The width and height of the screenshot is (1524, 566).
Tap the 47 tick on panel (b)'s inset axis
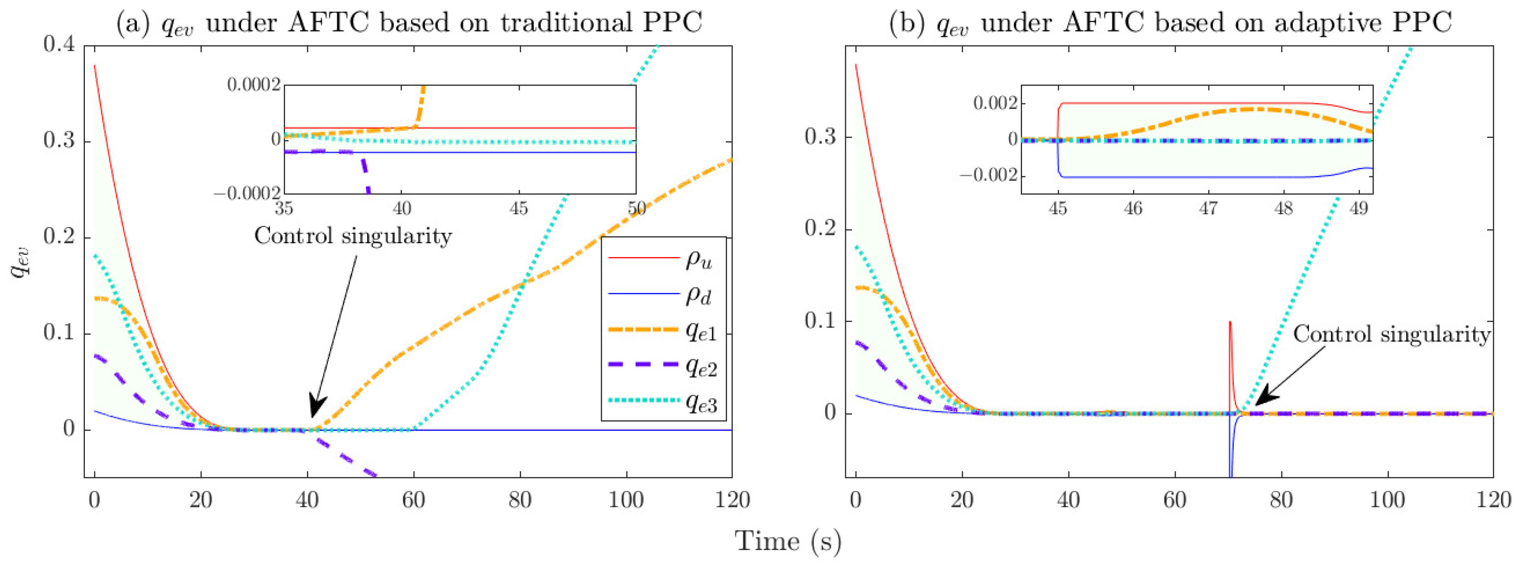click(x=1208, y=209)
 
